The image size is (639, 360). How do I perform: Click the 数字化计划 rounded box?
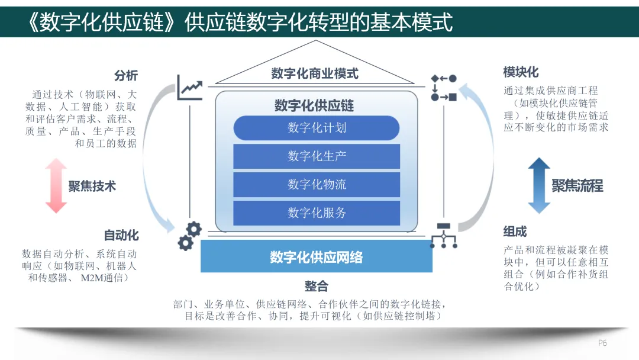pos(317,128)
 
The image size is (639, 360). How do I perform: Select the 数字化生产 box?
pos(317,156)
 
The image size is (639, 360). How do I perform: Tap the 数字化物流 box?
pos(317,185)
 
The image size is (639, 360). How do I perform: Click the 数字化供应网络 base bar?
pos(317,257)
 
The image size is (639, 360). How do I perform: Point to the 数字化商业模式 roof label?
pos(315,74)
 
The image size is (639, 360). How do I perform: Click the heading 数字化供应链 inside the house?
pos(314,106)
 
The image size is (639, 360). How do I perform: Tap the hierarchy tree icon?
pos(444,235)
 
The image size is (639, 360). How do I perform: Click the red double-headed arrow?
pos(56,186)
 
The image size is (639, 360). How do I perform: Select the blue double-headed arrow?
pos(539,185)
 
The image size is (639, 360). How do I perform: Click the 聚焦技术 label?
pos(92,187)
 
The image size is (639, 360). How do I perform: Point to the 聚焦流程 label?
pos(577,186)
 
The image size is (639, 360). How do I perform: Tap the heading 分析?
pos(125,76)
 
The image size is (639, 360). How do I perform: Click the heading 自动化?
pos(121,235)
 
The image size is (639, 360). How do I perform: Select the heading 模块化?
pos(521,72)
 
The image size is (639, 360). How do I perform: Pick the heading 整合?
pos(317,287)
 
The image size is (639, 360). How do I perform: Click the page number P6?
pos(602,343)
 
